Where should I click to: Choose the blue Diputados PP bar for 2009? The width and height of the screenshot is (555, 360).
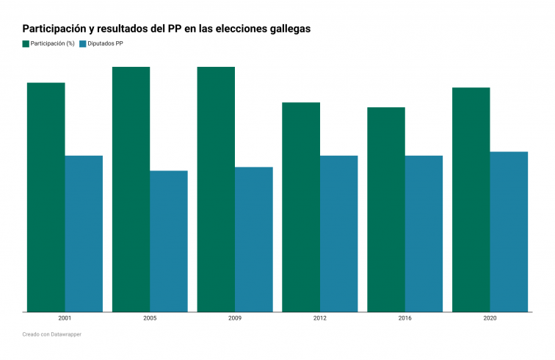[254, 240]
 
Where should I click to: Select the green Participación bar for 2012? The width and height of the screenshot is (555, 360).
[301, 207]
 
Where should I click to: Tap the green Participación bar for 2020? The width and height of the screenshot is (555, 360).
[471, 200]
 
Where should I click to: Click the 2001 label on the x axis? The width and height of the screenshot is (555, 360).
[65, 320]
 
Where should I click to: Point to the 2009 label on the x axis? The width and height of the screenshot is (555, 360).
[235, 320]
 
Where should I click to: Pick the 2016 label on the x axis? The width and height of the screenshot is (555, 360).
[405, 320]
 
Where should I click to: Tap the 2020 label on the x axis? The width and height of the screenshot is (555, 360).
[490, 320]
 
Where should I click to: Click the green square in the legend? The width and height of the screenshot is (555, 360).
[26, 44]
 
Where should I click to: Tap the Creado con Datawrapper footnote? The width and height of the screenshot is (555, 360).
[51, 335]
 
